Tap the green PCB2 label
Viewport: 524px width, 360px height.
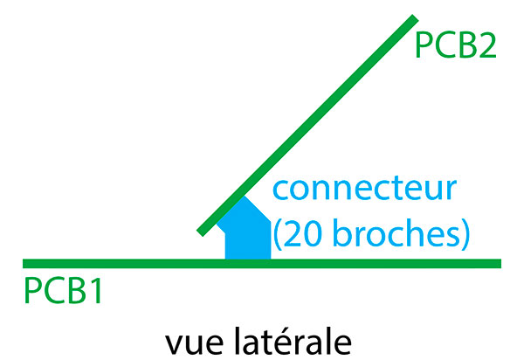coord(456,45)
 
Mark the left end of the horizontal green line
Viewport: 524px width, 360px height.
coord(25,263)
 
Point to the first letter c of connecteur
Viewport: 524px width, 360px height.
coord(281,191)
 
